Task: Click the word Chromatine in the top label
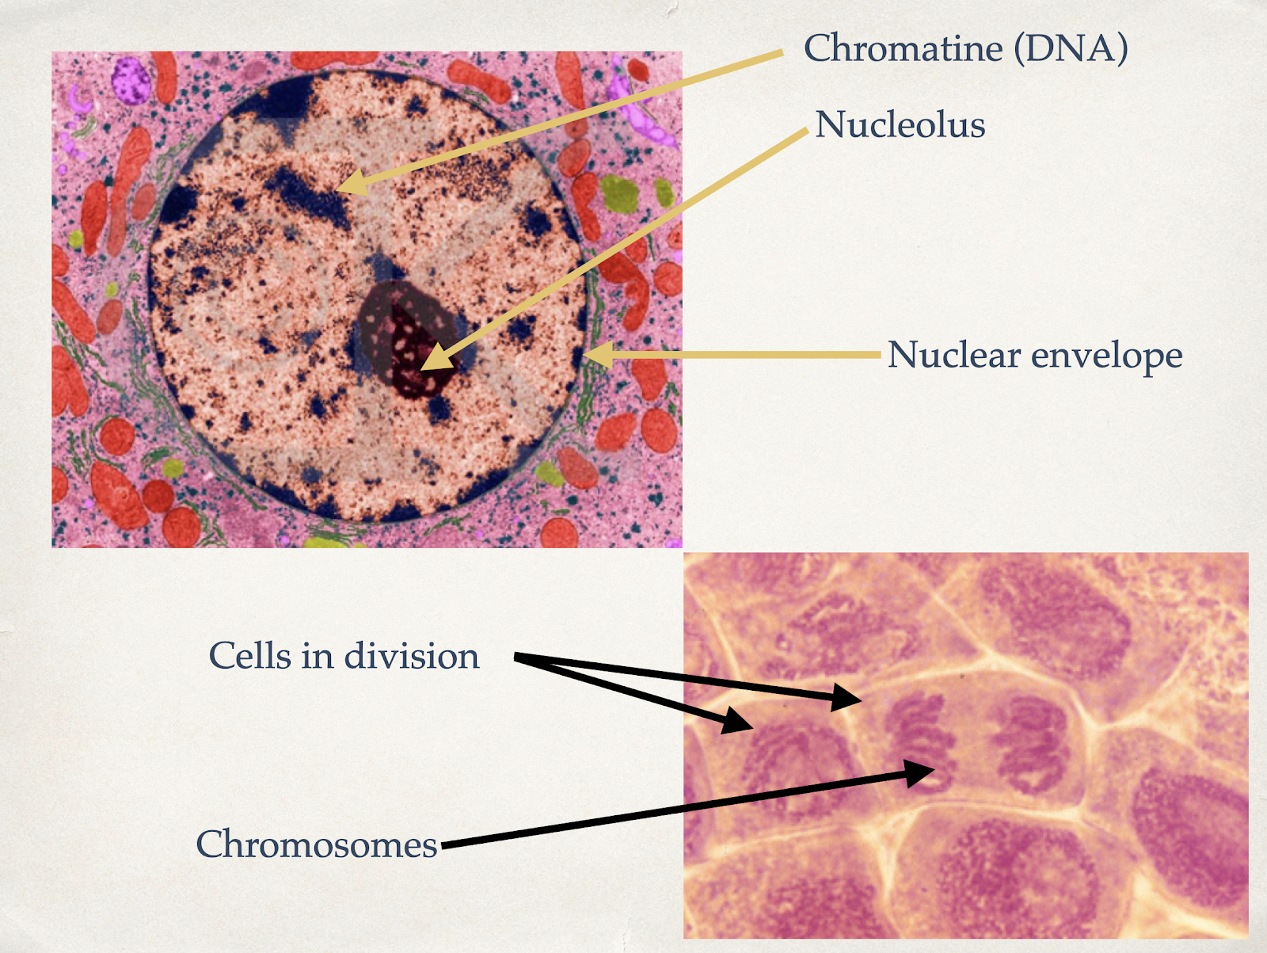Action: [x=903, y=48]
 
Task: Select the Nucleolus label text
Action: [x=900, y=124]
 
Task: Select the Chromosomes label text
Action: [x=317, y=844]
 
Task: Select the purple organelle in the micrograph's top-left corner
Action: [x=131, y=80]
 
